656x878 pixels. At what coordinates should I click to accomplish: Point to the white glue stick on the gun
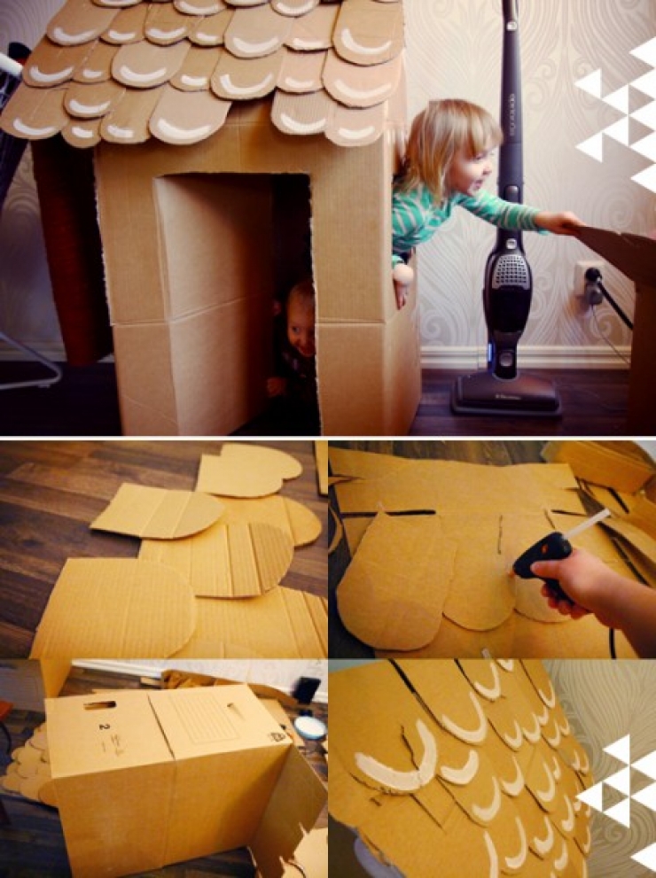(x=589, y=523)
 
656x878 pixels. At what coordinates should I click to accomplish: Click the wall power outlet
(x=586, y=278)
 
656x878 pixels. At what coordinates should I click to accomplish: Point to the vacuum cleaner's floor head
(x=505, y=395)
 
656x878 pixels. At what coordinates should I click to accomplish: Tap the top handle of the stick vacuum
(x=511, y=18)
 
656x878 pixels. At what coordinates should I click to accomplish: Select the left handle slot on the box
(x=98, y=704)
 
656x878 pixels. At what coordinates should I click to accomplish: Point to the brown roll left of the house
(x=66, y=257)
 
